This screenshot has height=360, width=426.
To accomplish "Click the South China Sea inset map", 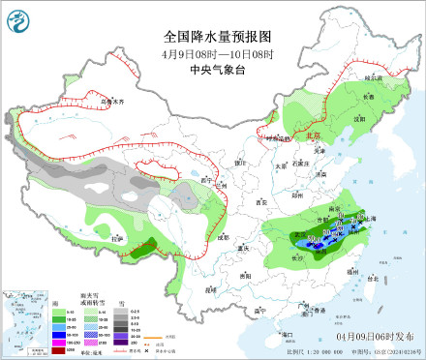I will [28, 323].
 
